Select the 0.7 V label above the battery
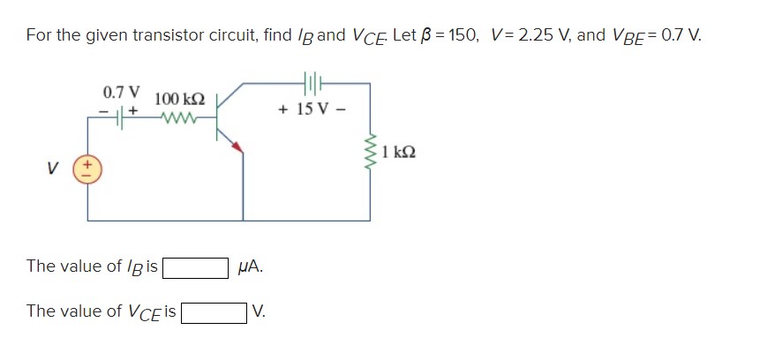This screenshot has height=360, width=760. pos(121,92)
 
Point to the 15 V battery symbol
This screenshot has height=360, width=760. pos(314,85)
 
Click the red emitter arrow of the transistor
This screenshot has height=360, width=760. pos(235,147)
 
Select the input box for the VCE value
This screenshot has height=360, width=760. pos(214,311)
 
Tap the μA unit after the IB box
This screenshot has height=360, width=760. pos(250,266)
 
